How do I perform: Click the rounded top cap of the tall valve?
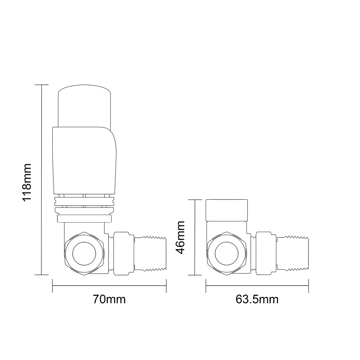(x=84, y=105)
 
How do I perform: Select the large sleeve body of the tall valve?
(x=84, y=160)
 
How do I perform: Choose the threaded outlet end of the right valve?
(x=293, y=254)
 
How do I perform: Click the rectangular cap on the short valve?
(x=228, y=210)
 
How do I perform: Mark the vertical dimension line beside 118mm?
(x=42, y=180)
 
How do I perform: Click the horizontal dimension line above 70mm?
(x=109, y=286)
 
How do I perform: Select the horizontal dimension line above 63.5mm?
(x=257, y=286)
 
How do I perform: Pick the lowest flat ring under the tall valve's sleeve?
(x=84, y=219)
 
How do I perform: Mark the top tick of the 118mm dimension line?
(x=42, y=85)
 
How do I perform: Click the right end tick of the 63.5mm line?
(x=309, y=286)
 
